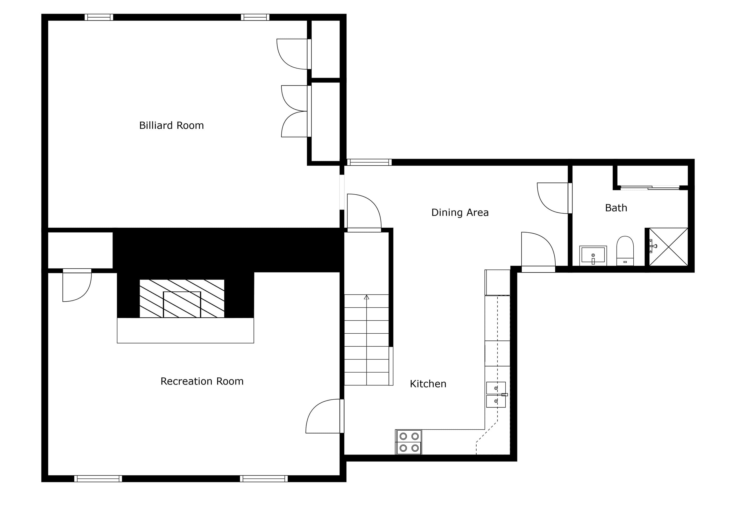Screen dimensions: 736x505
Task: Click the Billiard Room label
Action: pyautogui.click(x=171, y=125)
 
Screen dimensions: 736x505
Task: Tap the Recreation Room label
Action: pyautogui.click(x=202, y=381)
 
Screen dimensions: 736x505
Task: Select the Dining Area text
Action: pyautogui.click(x=460, y=213)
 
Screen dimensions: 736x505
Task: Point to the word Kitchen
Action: pyautogui.click(x=428, y=384)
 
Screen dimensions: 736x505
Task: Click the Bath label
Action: pyautogui.click(x=616, y=208)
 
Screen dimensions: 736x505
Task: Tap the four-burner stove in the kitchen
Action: pyautogui.click(x=408, y=442)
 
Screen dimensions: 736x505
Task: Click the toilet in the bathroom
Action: pyautogui.click(x=625, y=251)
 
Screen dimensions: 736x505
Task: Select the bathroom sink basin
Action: pyautogui.click(x=593, y=255)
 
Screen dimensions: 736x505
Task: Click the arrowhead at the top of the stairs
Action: pyautogui.click(x=366, y=297)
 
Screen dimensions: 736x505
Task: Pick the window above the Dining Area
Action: pyautogui.click(x=369, y=162)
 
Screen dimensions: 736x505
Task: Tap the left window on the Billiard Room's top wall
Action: pyautogui.click(x=99, y=17)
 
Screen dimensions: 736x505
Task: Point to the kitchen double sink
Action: pyautogui.click(x=496, y=394)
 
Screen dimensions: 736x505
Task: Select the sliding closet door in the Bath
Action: pyautogui.click(x=650, y=188)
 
